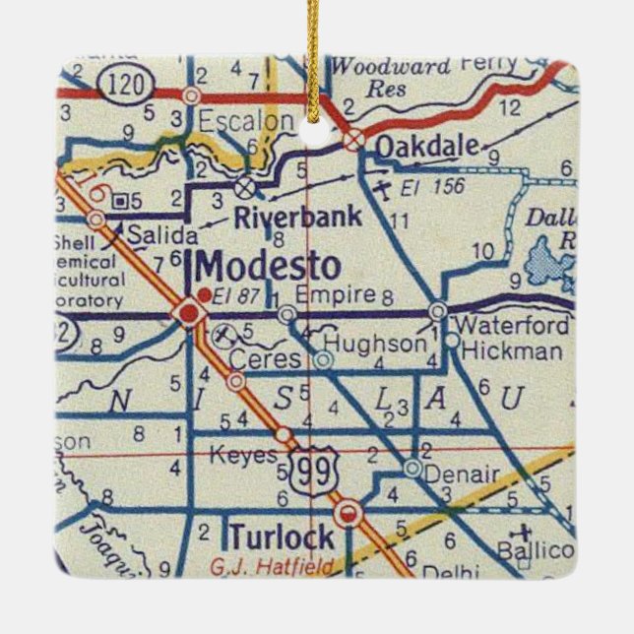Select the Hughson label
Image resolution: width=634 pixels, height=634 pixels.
click(x=375, y=343)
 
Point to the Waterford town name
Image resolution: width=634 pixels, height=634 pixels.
click(x=513, y=326)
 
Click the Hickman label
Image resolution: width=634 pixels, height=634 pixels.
click(x=512, y=350)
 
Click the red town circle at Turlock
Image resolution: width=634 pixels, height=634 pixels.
click(x=347, y=513)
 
